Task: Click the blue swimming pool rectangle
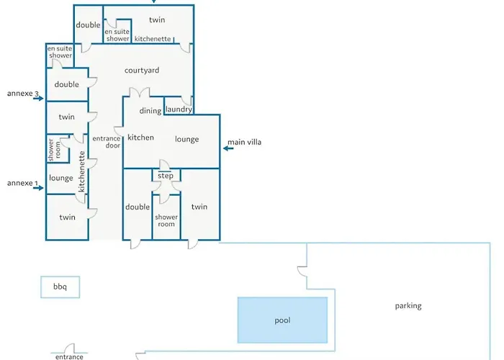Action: pyautogui.click(x=282, y=320)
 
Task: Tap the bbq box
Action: pyautogui.click(x=60, y=287)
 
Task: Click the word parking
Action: pyautogui.click(x=408, y=306)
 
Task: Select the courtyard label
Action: pyautogui.click(x=142, y=71)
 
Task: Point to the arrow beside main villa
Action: pyautogui.click(x=228, y=148)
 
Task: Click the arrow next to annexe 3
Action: pyautogui.click(x=38, y=99)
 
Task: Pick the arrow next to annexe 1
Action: pyautogui.click(x=38, y=188)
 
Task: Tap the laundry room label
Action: pyautogui.click(x=179, y=109)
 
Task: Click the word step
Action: pyautogui.click(x=165, y=176)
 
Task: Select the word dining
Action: pyautogui.click(x=150, y=111)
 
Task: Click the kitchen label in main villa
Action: pyautogui.click(x=141, y=138)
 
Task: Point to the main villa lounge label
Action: pyautogui.click(x=186, y=140)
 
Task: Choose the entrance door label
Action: pyautogui.click(x=107, y=142)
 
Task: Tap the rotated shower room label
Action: pyautogui.click(x=54, y=150)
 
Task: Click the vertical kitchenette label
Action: pyautogui.click(x=81, y=171)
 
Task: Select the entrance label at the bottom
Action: pyautogui.click(x=69, y=357)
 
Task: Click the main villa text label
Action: pyautogui.click(x=244, y=142)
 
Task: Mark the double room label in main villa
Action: pyautogui.click(x=138, y=207)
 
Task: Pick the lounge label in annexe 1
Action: pyautogui.click(x=61, y=178)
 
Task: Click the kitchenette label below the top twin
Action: pyautogui.click(x=153, y=39)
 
